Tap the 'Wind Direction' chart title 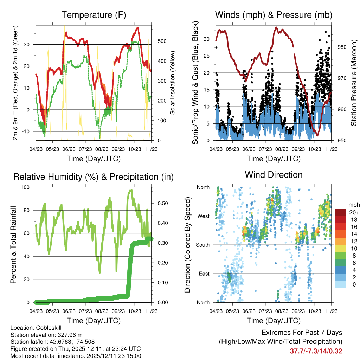pos(274,175)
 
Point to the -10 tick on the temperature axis pos(27,131)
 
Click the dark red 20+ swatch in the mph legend pos(341,212)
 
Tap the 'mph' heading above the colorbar pos(354,205)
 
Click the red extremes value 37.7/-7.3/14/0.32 pos(316,351)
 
